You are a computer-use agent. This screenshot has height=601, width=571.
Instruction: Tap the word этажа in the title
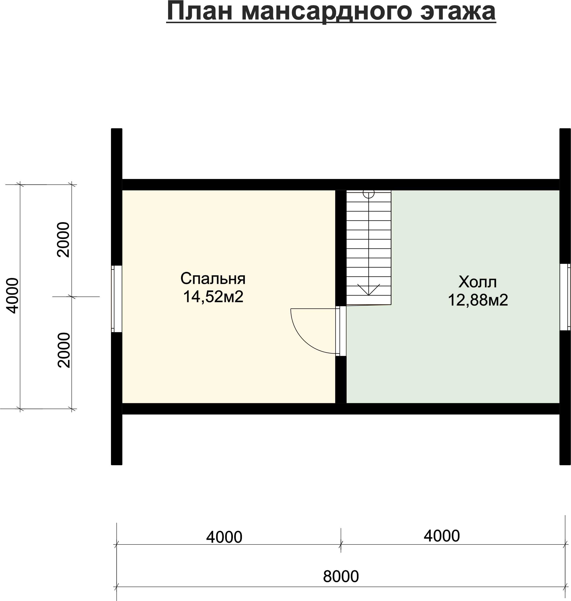[x=458, y=11]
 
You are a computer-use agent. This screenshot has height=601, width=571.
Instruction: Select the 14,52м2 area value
[x=213, y=296]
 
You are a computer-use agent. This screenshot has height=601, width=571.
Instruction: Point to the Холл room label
[x=477, y=282]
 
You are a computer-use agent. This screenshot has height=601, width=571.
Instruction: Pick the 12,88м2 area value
[x=478, y=300]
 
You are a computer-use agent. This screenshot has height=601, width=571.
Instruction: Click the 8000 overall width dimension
[x=341, y=576]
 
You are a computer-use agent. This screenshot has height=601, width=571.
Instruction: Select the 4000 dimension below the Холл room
[x=442, y=536]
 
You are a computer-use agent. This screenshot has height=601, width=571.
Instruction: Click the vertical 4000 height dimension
[x=12, y=296]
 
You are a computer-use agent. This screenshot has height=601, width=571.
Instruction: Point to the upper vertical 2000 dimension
[x=64, y=240]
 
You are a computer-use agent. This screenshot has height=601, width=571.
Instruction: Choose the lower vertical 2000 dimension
[x=64, y=350]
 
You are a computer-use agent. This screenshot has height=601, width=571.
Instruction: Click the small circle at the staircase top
[x=369, y=194]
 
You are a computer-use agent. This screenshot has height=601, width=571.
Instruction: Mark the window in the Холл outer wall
[x=565, y=297]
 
